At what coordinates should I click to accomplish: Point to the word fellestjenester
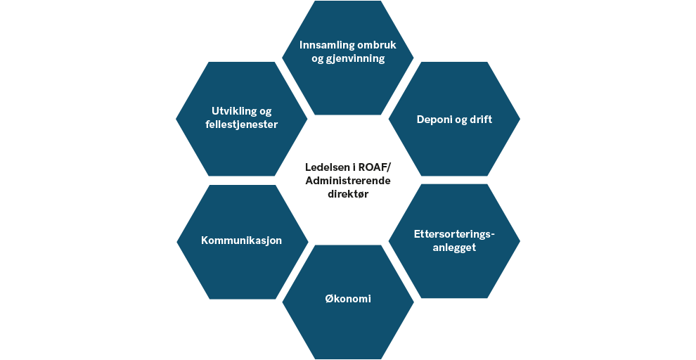click(241, 124)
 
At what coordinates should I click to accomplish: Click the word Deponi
click(432, 120)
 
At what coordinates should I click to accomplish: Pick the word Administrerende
click(348, 181)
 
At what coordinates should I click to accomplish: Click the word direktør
click(348, 194)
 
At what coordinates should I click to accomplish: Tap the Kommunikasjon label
click(241, 240)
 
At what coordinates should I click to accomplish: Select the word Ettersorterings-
click(454, 234)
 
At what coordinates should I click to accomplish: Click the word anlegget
click(454, 247)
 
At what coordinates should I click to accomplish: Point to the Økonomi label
click(348, 299)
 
